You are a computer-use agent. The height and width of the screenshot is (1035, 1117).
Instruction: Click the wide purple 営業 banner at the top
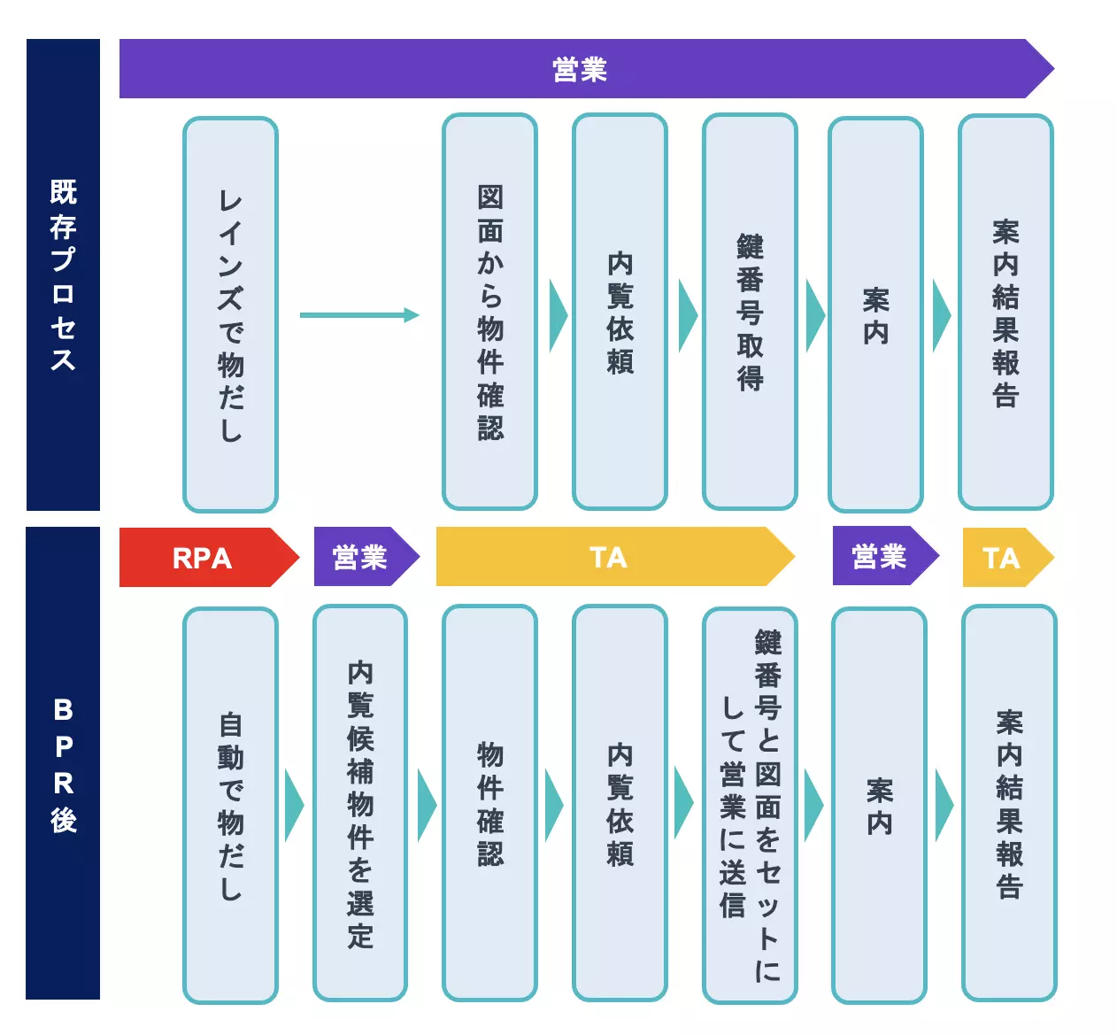click(580, 68)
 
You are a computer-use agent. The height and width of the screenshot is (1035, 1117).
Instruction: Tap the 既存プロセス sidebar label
click(63, 274)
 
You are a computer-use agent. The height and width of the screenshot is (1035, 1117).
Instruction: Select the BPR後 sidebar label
click(63, 763)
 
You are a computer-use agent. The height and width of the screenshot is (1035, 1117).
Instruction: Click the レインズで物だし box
click(230, 314)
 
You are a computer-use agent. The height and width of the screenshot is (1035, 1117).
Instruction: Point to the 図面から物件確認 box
click(489, 312)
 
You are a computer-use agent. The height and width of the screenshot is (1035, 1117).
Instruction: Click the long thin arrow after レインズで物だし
click(358, 314)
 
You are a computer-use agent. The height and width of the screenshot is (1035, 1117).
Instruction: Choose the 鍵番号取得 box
click(750, 312)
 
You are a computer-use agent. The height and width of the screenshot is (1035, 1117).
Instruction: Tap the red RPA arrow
click(204, 558)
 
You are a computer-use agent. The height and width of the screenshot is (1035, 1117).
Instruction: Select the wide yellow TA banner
click(609, 557)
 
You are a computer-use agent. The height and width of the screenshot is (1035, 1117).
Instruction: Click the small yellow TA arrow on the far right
click(1003, 558)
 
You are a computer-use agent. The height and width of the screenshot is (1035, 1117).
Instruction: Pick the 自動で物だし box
click(230, 805)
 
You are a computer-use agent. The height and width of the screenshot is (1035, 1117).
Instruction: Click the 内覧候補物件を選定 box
click(360, 803)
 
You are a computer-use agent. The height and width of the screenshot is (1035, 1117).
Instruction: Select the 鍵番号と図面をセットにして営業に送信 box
click(750, 805)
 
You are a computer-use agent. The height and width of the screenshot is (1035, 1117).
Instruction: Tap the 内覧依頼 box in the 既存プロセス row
click(620, 312)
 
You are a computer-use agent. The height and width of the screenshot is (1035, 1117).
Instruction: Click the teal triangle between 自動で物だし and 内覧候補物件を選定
click(294, 805)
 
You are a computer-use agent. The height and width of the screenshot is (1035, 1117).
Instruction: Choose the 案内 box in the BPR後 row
click(879, 805)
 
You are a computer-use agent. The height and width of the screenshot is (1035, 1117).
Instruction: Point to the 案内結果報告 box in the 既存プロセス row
click(1005, 312)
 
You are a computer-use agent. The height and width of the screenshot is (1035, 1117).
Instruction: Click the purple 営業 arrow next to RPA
click(361, 558)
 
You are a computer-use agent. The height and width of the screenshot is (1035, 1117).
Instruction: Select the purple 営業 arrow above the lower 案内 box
click(881, 557)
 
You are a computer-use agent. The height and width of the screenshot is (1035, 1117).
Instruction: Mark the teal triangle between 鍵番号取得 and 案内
click(814, 315)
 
